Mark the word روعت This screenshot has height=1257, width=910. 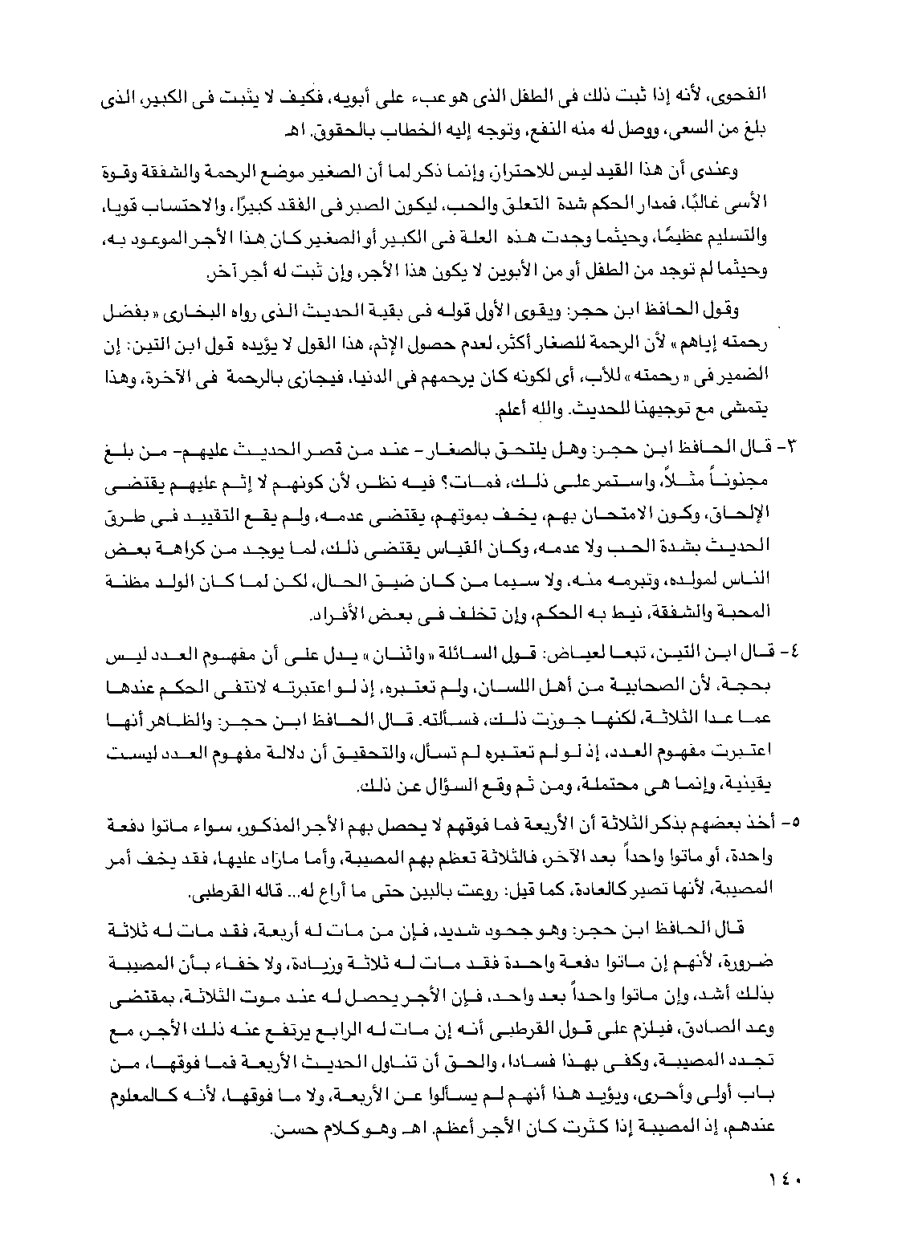[x=459, y=889]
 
